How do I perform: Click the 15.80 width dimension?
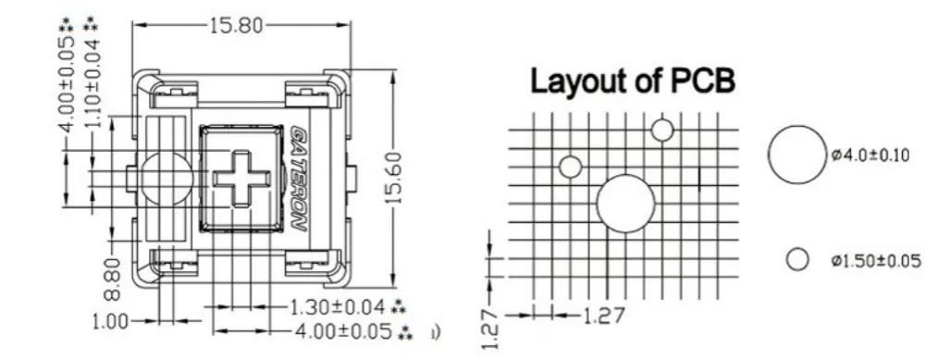tap(237, 25)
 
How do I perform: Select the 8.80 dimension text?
tap(113, 278)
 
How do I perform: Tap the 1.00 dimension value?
tap(110, 322)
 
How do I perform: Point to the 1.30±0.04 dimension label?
tap(337, 307)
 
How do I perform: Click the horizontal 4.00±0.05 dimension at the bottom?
tap(343, 331)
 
